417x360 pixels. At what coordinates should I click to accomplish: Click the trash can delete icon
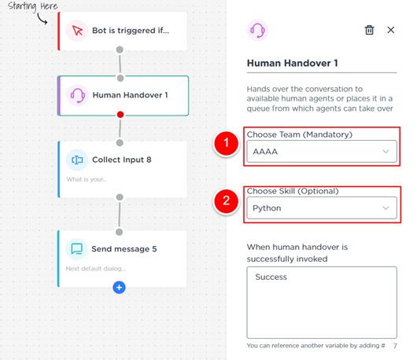[x=369, y=30]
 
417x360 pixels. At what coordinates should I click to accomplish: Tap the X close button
[x=391, y=30]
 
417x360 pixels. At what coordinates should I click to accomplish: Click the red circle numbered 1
[x=226, y=143]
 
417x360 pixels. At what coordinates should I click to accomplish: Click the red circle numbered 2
[x=226, y=200]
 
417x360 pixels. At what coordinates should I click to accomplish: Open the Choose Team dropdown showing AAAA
[x=322, y=152]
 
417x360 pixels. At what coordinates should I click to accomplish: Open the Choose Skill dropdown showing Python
[x=322, y=208]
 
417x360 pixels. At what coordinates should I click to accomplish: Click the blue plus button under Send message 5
[x=119, y=287]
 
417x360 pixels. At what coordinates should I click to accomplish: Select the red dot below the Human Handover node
[x=120, y=115]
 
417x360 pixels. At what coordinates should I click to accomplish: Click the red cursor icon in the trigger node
[x=77, y=31]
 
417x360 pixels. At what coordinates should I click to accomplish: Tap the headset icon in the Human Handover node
[x=77, y=95]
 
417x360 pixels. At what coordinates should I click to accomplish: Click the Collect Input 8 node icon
[x=77, y=160]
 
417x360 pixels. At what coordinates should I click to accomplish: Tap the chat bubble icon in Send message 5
[x=76, y=249]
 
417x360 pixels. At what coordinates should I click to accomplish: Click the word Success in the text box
[x=271, y=277]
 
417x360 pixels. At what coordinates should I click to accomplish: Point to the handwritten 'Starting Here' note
[x=32, y=6]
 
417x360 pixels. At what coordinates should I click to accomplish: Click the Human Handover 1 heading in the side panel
[x=292, y=63]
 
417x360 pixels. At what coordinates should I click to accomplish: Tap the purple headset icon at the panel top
[x=257, y=31]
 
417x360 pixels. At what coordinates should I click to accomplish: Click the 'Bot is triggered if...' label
[x=131, y=31]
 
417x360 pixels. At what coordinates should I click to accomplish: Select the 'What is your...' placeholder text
[x=87, y=179]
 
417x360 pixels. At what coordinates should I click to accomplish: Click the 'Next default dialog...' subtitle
[x=96, y=269]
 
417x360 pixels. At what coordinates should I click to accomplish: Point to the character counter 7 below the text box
[x=395, y=346]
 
